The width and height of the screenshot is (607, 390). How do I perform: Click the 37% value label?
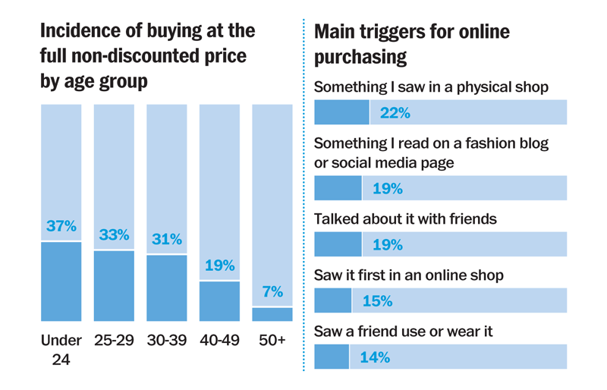pyautogui.click(x=61, y=226)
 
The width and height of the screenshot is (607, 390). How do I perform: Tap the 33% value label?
pyautogui.click(x=114, y=234)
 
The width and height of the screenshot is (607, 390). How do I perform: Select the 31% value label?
pyautogui.click(x=166, y=239)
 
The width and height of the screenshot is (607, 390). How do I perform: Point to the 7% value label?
pyautogui.click(x=272, y=292)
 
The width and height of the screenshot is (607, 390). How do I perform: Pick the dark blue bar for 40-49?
pyautogui.click(x=219, y=301)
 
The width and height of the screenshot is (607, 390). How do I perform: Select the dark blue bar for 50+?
pyautogui.click(x=272, y=314)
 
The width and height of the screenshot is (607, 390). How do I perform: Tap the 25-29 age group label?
pyautogui.click(x=114, y=341)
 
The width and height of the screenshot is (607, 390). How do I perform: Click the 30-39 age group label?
pyautogui.click(x=166, y=341)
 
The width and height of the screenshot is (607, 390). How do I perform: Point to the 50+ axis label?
pyautogui.click(x=272, y=341)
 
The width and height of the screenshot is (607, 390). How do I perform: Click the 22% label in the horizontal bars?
pyautogui.click(x=395, y=113)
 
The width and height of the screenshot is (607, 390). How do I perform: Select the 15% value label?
pyautogui.click(x=377, y=301)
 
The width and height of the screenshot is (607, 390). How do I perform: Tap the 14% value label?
pyautogui.click(x=375, y=357)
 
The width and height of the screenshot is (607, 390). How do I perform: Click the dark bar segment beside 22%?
pyautogui.click(x=341, y=112)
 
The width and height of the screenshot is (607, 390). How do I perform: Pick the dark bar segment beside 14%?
pyautogui.click(x=332, y=357)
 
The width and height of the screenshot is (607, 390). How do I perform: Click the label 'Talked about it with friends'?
pyautogui.click(x=405, y=219)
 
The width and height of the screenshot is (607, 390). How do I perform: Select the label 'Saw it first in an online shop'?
pyautogui.click(x=408, y=275)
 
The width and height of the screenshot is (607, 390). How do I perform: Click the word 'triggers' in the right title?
pyautogui.click(x=404, y=32)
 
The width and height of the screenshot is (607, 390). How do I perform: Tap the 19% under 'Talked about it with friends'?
pyautogui.click(x=387, y=245)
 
